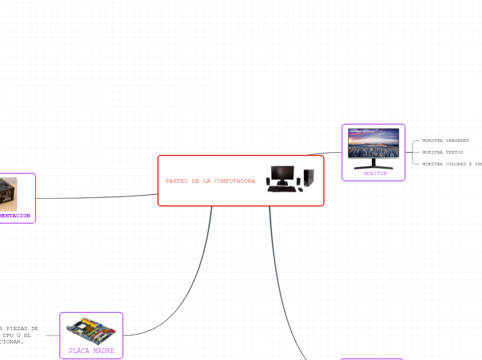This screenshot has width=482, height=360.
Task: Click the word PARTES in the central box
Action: point(173,181)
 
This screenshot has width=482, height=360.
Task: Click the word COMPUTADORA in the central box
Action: point(234,181)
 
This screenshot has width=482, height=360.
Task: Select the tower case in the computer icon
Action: point(309,178)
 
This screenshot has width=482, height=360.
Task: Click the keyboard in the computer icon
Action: point(282,188)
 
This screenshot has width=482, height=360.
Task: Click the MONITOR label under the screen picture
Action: point(375,174)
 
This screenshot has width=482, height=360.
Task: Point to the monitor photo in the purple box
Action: point(373,144)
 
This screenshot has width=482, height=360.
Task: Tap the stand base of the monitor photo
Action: point(373,167)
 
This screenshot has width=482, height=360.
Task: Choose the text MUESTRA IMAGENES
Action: point(445,141)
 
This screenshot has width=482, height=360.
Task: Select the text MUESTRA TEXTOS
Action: point(443,152)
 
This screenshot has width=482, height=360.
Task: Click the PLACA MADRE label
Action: point(91,351)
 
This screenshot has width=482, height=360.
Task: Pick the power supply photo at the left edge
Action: point(8,194)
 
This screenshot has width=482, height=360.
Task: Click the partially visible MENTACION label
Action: point(15,216)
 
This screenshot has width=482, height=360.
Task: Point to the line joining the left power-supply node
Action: point(97,197)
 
